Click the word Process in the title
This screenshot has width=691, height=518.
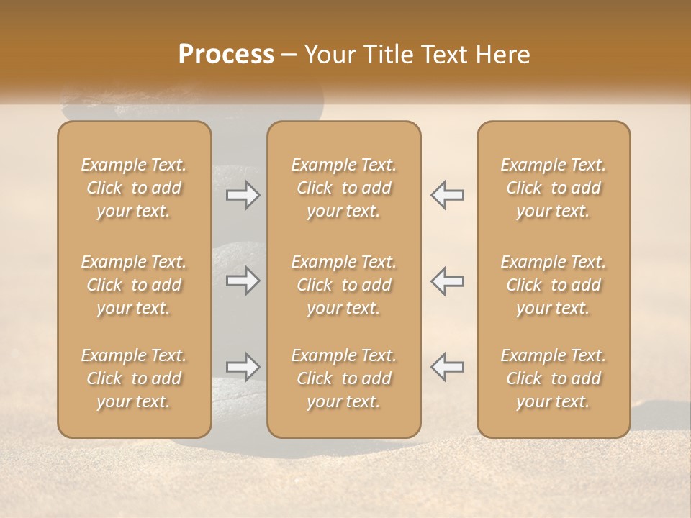point(226,55)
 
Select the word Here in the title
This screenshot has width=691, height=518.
point(503,55)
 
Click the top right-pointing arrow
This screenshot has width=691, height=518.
point(243,194)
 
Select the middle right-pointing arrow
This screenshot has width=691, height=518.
point(243,281)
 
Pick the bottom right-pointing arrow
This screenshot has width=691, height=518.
point(243,367)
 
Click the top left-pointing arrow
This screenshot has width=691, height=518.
point(447,194)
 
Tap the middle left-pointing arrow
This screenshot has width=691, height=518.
point(447,281)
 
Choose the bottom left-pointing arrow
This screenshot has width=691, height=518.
point(447,367)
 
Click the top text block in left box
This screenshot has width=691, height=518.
point(134,188)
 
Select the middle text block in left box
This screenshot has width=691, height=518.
point(134,285)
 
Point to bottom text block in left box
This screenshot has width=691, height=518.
point(134,378)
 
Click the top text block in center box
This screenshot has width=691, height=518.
point(344,188)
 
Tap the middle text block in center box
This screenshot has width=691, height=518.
point(344,285)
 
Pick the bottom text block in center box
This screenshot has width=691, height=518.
point(344,378)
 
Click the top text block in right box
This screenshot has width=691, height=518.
point(554,188)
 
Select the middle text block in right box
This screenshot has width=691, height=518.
point(554,285)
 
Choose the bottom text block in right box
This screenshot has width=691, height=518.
point(554,378)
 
